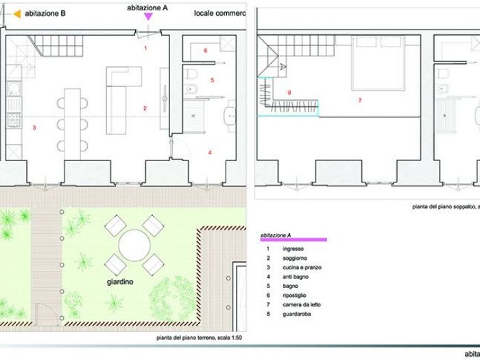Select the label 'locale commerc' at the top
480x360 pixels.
(x=219, y=13)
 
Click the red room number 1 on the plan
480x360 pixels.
(x=145, y=48)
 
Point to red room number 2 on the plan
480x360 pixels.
(x=145, y=108)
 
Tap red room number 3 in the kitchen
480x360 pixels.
(x=34, y=128)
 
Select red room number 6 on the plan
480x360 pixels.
(x=205, y=51)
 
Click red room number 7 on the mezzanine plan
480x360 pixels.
(x=359, y=100)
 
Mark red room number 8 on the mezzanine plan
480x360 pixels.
(x=290, y=93)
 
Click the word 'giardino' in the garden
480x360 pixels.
(x=120, y=281)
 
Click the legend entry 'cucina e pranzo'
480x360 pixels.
(x=302, y=267)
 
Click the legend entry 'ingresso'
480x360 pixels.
(x=293, y=248)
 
